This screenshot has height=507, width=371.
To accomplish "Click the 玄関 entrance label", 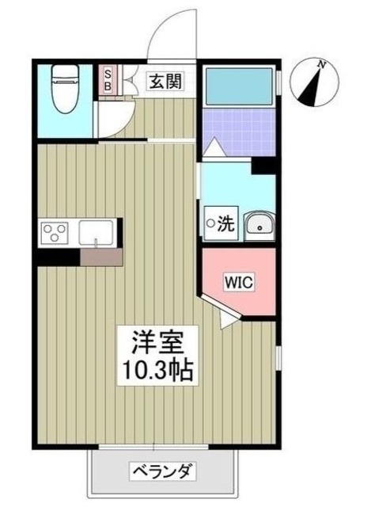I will click(x=166, y=80).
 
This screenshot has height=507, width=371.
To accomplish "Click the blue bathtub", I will click(x=237, y=85).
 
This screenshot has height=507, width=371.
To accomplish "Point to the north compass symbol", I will click(x=315, y=82).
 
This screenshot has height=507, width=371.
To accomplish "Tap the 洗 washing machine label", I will click(x=225, y=224).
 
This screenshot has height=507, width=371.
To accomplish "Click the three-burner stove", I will click(x=55, y=233).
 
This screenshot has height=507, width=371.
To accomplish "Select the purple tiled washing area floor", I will click(x=237, y=126).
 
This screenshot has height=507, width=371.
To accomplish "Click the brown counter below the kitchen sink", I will click(x=100, y=256).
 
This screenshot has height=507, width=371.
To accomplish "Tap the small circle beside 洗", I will click(x=210, y=224).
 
